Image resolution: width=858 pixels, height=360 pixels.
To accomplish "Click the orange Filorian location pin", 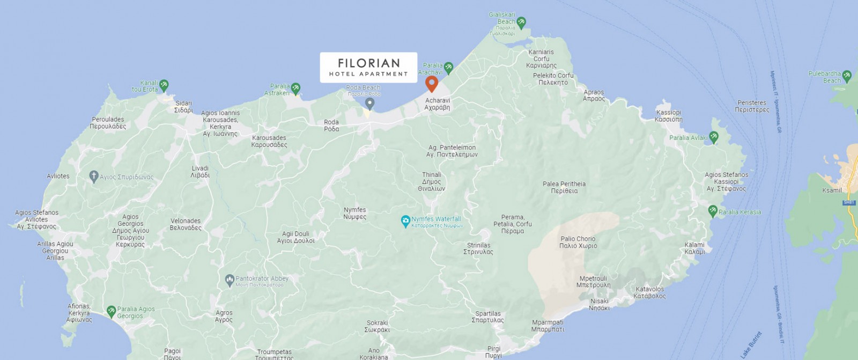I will [x=431, y=83].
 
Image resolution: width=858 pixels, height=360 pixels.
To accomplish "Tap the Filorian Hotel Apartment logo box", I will [x=368, y=68].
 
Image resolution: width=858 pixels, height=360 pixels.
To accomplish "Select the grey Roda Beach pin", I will [x=369, y=103].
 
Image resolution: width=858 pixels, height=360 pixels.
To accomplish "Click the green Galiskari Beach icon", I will [x=521, y=23].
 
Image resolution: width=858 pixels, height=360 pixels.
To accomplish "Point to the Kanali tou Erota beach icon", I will [x=164, y=85].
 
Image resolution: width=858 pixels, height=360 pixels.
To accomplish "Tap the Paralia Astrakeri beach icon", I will [x=295, y=89].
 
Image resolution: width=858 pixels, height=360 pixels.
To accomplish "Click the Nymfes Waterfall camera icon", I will [x=406, y=221].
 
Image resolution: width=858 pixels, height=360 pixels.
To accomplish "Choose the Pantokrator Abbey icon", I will [x=230, y=280].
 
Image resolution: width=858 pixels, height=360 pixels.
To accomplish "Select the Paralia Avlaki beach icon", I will [x=714, y=137].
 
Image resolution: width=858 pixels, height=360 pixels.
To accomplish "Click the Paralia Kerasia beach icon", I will [x=713, y=211].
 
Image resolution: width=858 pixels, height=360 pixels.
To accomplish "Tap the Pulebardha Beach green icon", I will [x=847, y=76].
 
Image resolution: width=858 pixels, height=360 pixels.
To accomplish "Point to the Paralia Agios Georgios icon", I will [x=111, y=311].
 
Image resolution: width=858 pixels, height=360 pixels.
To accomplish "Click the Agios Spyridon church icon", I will [x=94, y=176].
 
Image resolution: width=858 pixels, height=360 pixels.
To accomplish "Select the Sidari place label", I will [x=183, y=106].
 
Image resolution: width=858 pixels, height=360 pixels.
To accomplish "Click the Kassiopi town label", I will [x=668, y=116].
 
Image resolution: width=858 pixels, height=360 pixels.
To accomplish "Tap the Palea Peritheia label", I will [x=564, y=187].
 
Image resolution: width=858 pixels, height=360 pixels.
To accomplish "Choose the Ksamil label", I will [x=832, y=190].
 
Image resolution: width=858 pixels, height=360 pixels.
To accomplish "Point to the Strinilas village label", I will [x=478, y=248].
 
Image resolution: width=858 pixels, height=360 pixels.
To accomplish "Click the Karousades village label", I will [x=269, y=141].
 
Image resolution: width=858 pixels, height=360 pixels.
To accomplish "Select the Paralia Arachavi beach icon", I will [x=448, y=68].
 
